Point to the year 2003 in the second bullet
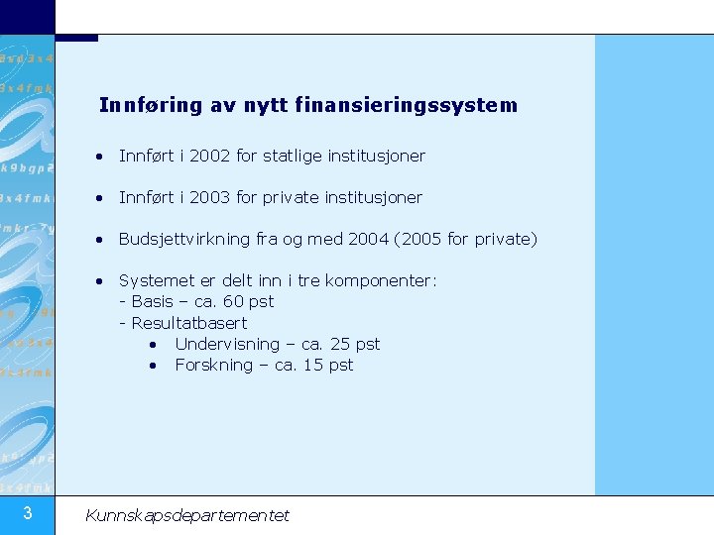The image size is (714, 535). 209,197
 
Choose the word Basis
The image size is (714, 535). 152,301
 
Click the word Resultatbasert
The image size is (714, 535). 188,323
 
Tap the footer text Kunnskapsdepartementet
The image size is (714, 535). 187,515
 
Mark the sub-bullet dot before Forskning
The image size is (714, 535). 154,365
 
